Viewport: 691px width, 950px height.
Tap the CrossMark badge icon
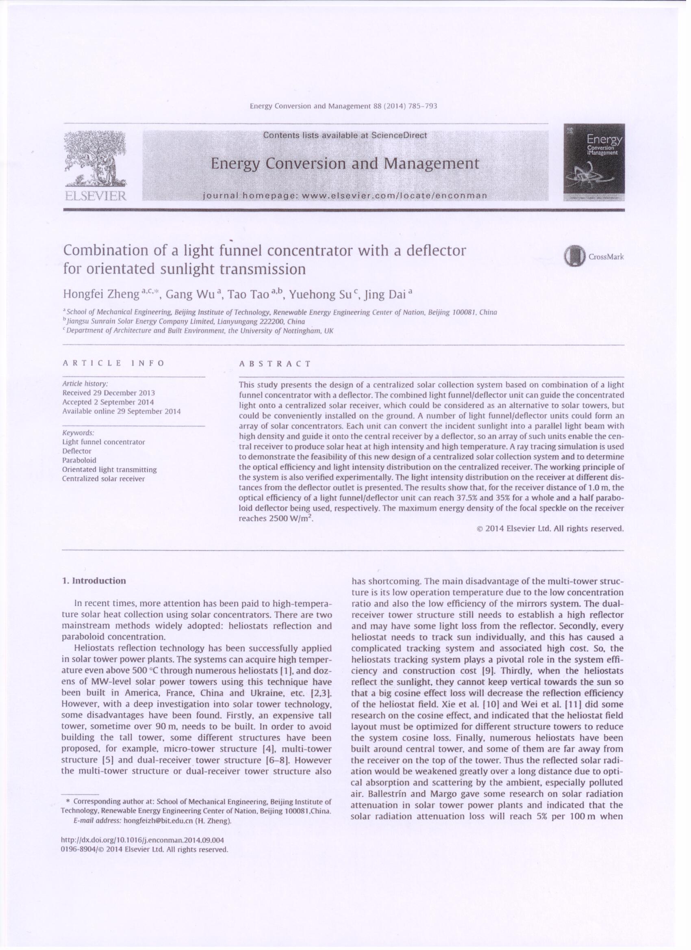coord(574,256)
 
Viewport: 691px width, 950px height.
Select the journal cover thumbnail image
coord(593,162)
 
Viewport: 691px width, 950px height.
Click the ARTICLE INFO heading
coord(113,363)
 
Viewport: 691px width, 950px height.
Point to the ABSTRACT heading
coord(275,364)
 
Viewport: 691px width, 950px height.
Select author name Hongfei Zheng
coord(101,294)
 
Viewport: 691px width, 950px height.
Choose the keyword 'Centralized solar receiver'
coord(103,479)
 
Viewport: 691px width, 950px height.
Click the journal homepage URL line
coord(345,195)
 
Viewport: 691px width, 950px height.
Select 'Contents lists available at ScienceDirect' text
coord(345,135)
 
